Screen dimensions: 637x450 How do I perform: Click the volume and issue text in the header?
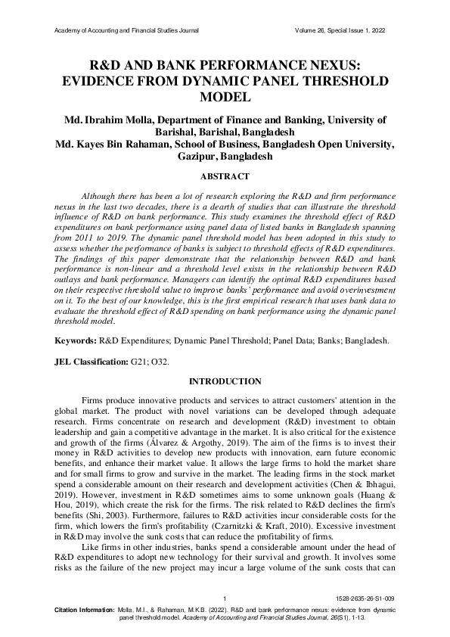coord(343,31)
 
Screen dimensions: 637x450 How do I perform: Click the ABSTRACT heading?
coord(224,176)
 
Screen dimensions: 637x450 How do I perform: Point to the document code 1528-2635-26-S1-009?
coord(368,598)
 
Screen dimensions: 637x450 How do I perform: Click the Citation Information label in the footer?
coord(84,608)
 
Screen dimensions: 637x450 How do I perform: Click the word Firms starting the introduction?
coord(93,400)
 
